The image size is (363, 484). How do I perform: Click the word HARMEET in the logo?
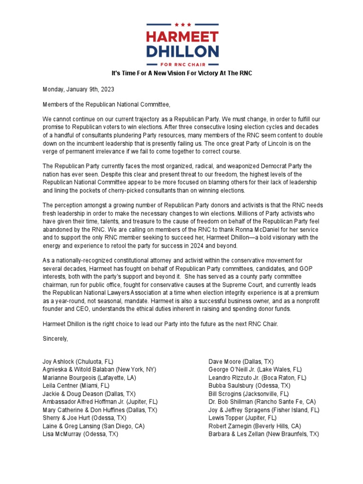coord(182,37)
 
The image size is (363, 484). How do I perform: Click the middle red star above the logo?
coord(182,25)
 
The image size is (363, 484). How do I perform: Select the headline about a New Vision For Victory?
coord(181,74)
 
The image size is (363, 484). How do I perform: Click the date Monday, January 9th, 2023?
coord(78,89)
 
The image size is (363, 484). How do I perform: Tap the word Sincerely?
coord(56,339)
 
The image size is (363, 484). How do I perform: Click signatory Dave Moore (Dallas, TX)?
coord(241,362)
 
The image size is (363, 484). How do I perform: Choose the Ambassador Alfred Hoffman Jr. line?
coord(100,402)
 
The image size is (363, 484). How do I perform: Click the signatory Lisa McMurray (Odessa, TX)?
coord(80,434)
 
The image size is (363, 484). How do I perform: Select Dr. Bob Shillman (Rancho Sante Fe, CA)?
coord(262,402)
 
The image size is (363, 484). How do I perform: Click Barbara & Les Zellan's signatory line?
coord(264,434)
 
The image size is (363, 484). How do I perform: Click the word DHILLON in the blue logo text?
coord(182,51)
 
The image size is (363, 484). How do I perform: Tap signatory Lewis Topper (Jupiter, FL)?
coord(242,418)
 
